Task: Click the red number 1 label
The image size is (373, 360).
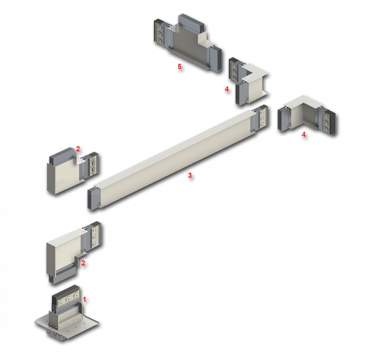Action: [x=84, y=299]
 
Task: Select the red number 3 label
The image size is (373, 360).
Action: [x=190, y=175]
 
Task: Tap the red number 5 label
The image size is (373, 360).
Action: [x=179, y=66]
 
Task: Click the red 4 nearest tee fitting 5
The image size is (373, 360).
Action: [x=226, y=89]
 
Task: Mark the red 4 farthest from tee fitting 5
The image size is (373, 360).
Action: [x=304, y=134]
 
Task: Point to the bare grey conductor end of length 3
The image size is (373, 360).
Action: [x=91, y=198]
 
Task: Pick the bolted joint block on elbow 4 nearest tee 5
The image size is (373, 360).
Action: [x=234, y=69]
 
